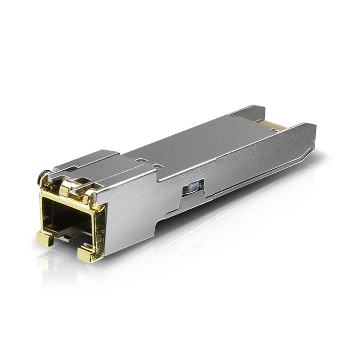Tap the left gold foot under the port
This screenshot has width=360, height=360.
[45, 238]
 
